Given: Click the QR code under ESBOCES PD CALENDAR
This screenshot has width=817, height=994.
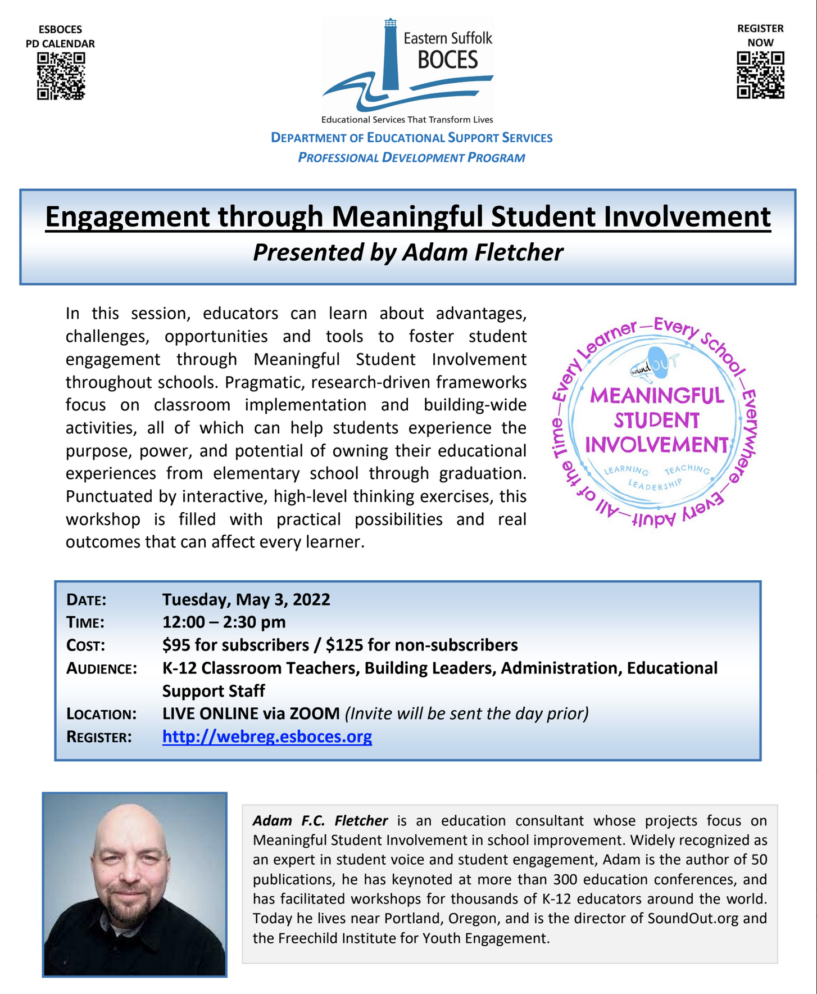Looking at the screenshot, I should [61, 76].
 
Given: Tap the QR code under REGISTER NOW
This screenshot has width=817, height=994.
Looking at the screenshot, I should [760, 75].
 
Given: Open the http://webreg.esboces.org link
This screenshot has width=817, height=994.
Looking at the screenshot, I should [267, 737].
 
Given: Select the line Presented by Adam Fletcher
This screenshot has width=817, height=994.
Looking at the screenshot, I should [408, 252].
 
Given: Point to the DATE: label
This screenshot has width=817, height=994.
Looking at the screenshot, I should [87, 600].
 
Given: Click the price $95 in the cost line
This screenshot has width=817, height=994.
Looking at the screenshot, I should [175, 645].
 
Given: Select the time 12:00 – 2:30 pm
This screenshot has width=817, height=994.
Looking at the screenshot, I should [224, 622].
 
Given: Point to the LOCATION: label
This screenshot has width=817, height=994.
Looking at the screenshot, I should [101, 714].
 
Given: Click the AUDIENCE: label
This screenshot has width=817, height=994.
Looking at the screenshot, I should [101, 668].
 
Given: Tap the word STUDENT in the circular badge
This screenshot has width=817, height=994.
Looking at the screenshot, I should [656, 421].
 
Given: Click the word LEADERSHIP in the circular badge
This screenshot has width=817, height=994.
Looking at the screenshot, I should [655, 485].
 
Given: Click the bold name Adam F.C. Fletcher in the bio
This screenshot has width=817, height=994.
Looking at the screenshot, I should [320, 821].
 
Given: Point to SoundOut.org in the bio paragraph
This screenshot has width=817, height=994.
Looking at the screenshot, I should [692, 918].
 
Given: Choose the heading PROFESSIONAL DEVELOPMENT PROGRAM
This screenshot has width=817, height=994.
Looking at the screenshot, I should [411, 157].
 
